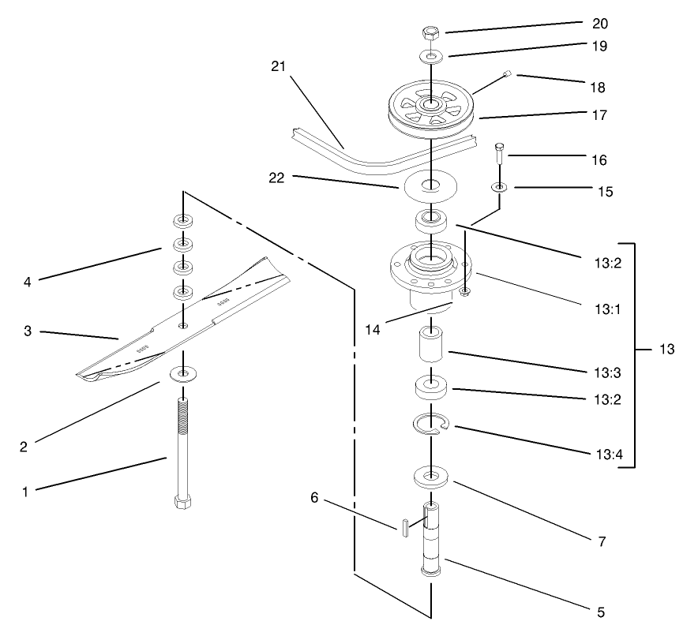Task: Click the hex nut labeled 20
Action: [431, 33]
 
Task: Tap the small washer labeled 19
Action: [431, 56]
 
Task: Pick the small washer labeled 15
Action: [499, 187]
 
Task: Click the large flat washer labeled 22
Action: [430, 186]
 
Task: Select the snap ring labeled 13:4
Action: [431, 425]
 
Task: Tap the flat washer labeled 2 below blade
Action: [184, 372]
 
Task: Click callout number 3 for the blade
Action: [27, 332]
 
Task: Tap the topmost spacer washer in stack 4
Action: [184, 220]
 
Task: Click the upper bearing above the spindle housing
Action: [431, 217]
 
